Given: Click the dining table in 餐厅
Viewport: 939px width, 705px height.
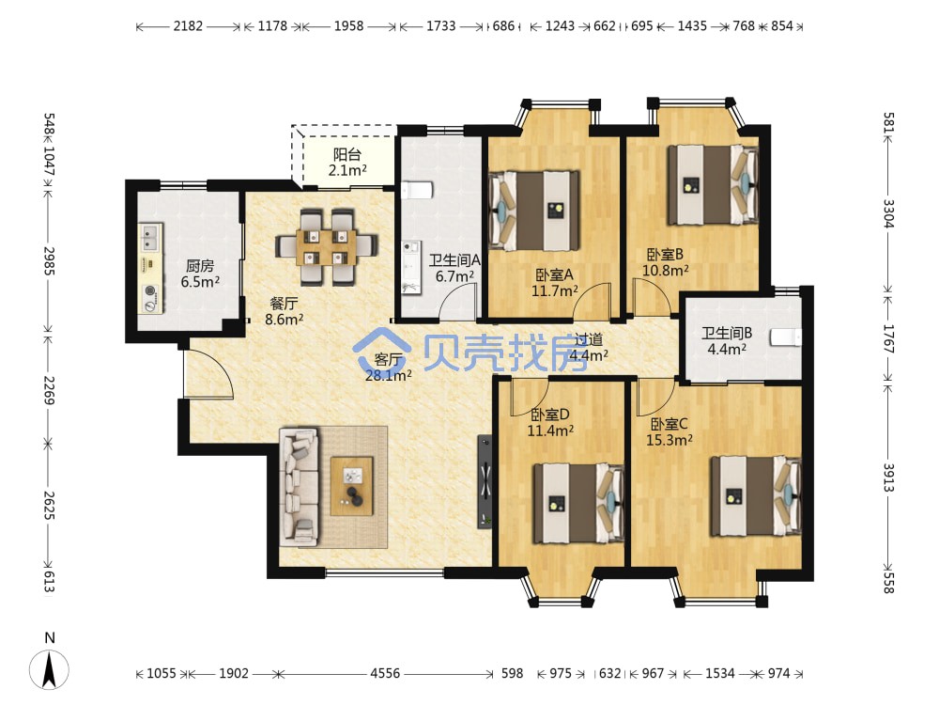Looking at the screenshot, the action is click(x=327, y=245).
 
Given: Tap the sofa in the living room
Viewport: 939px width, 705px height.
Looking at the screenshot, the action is click(x=299, y=487).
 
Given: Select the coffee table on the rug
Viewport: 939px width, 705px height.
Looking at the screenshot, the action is click(x=352, y=486).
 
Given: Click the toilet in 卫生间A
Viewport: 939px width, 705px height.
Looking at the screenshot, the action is click(x=417, y=190).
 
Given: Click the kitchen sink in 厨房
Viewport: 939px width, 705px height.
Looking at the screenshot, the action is click(x=150, y=238).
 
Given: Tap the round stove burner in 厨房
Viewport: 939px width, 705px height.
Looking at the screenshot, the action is click(x=149, y=292).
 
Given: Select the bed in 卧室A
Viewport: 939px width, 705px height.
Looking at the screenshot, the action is click(x=534, y=211).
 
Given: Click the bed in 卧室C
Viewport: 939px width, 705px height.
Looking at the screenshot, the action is click(x=756, y=496).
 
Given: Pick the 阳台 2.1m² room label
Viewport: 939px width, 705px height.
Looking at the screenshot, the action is click(x=347, y=163).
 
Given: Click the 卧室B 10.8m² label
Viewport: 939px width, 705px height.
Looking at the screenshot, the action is click(x=666, y=262).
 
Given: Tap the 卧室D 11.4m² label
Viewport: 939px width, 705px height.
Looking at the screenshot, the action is click(x=550, y=422).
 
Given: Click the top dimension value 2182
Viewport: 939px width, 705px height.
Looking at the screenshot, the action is click(x=188, y=25).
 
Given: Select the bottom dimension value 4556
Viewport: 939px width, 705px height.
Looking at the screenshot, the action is click(x=385, y=673).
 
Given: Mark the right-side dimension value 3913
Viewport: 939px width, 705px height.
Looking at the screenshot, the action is click(x=888, y=478).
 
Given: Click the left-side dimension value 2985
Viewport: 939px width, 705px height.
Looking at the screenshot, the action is click(x=49, y=260).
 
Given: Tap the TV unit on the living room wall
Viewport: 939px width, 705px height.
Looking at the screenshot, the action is click(x=485, y=482).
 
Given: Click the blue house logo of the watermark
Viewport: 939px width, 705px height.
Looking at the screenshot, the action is click(x=381, y=350).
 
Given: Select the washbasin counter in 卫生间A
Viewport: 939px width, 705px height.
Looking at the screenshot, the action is click(x=411, y=267).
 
